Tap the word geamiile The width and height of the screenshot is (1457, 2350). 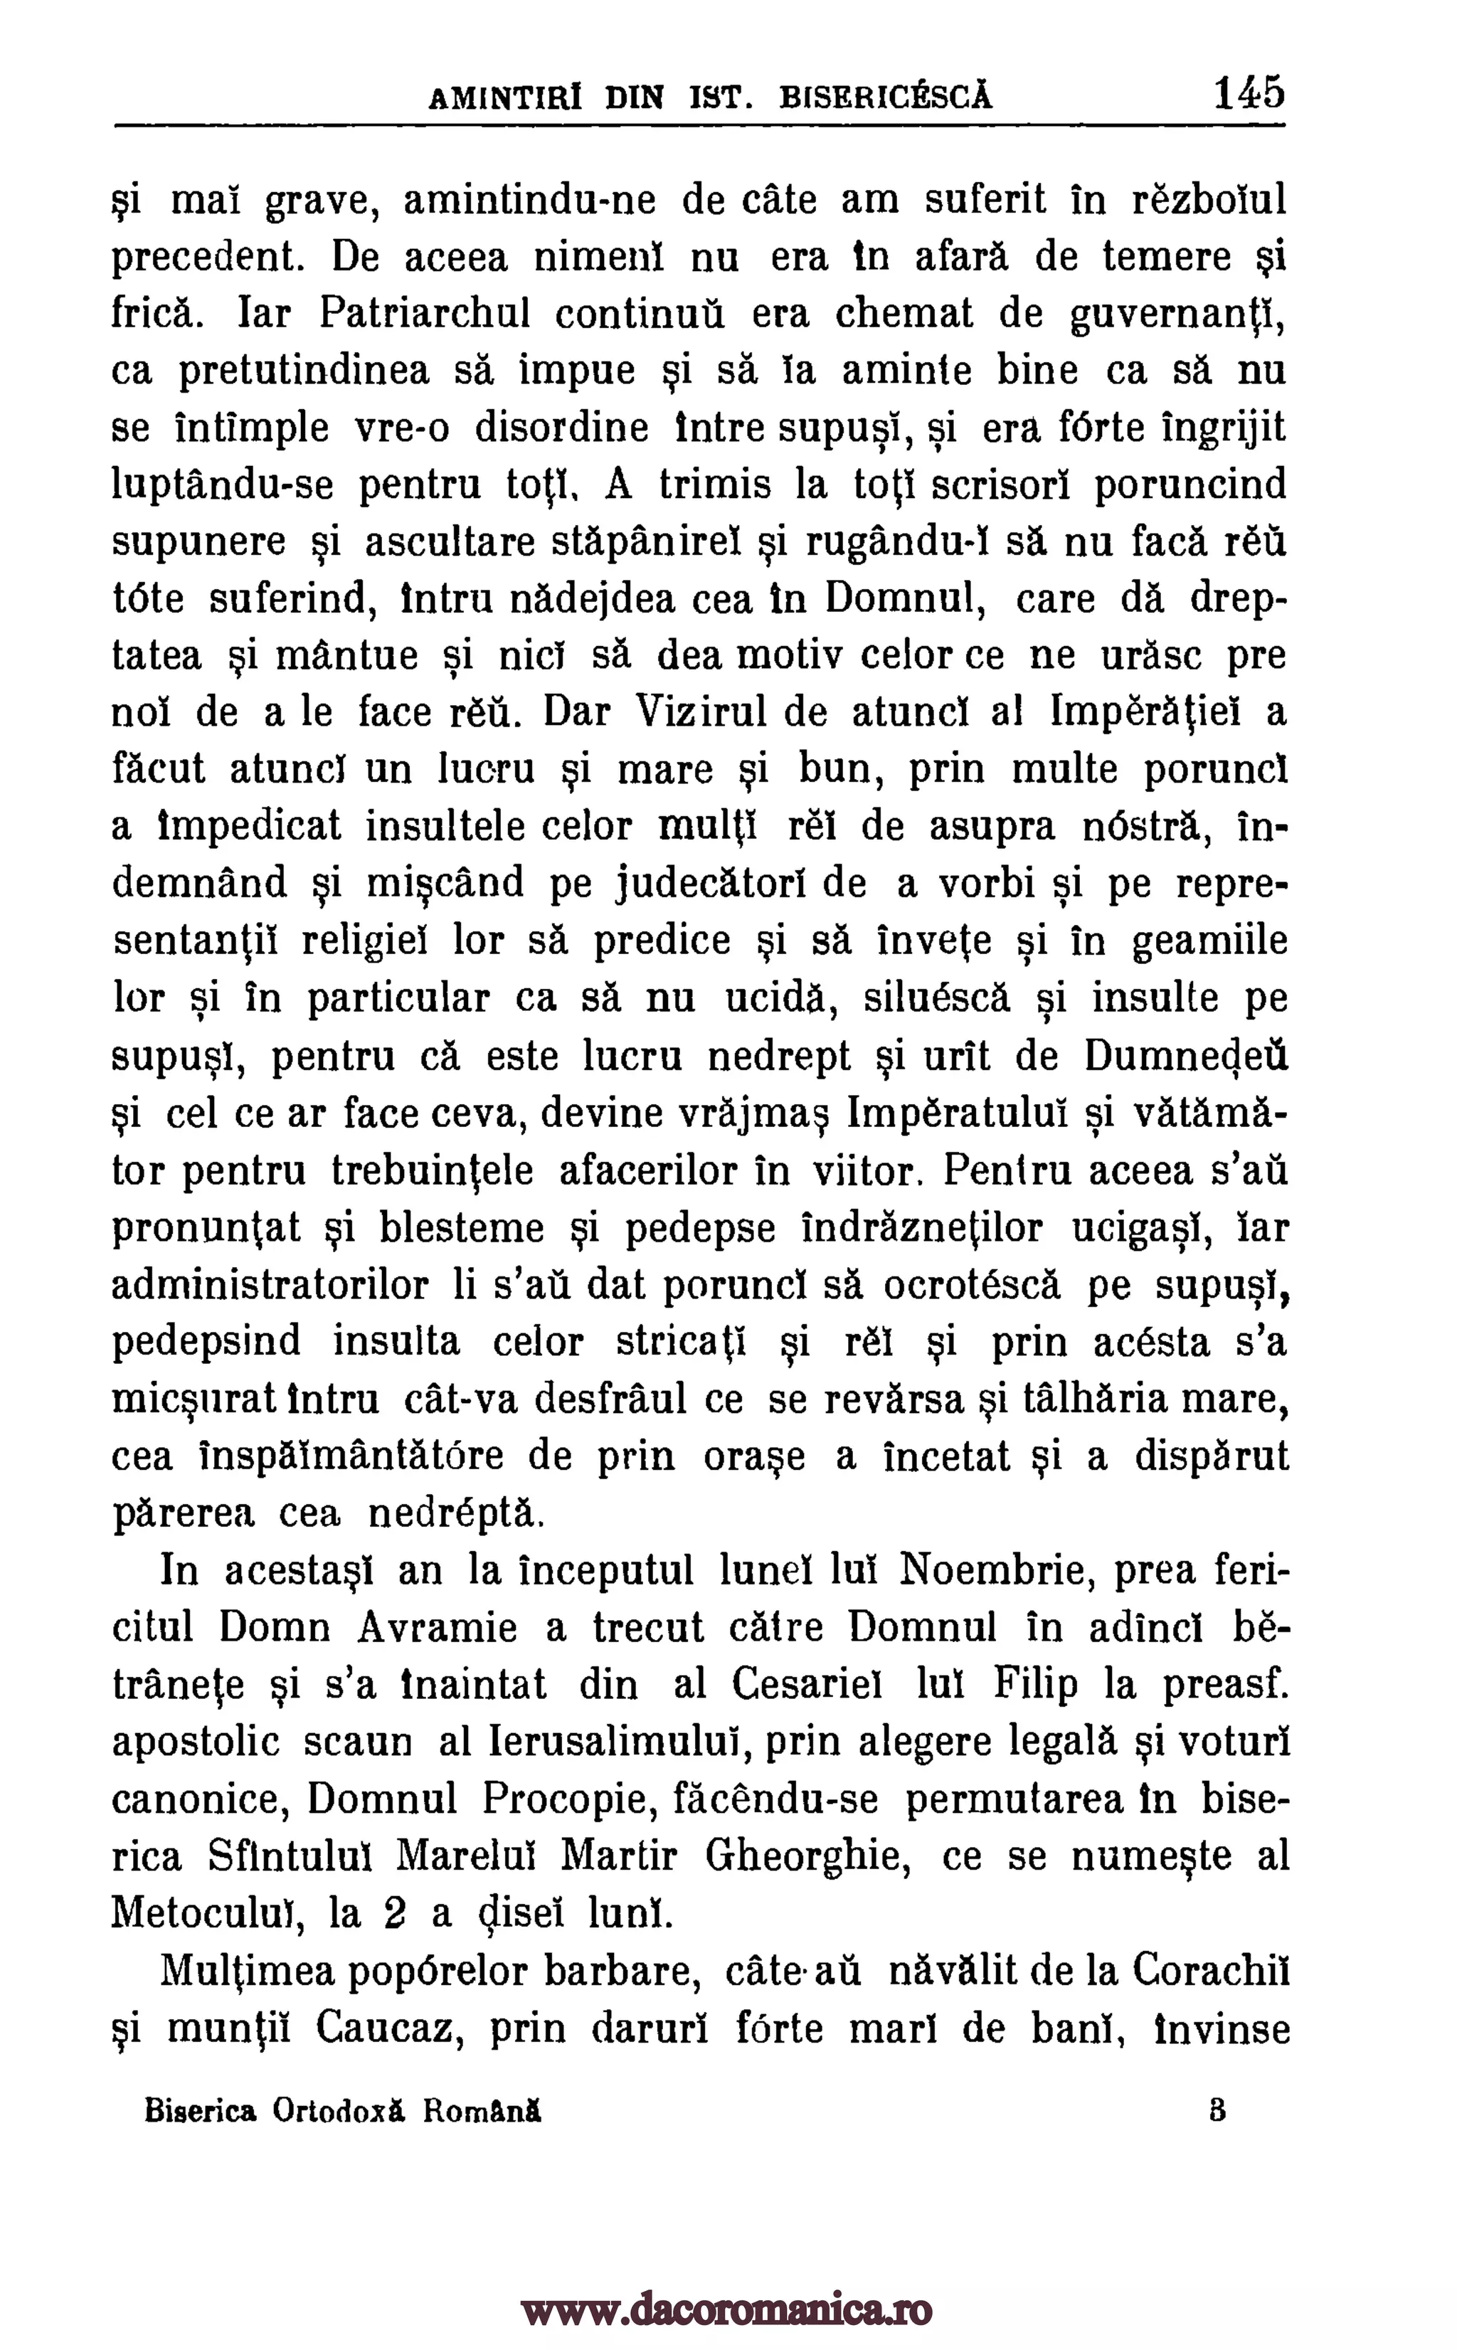click(1210, 941)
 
